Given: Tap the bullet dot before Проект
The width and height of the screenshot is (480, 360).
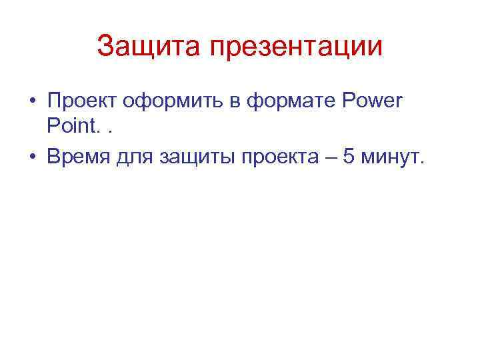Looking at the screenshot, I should click(32, 103).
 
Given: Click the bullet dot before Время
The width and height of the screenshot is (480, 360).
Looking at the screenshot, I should click(32, 157).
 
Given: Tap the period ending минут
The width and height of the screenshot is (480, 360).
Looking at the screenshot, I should click(421, 163).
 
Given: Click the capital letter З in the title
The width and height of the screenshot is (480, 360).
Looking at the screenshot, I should click(105, 47).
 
